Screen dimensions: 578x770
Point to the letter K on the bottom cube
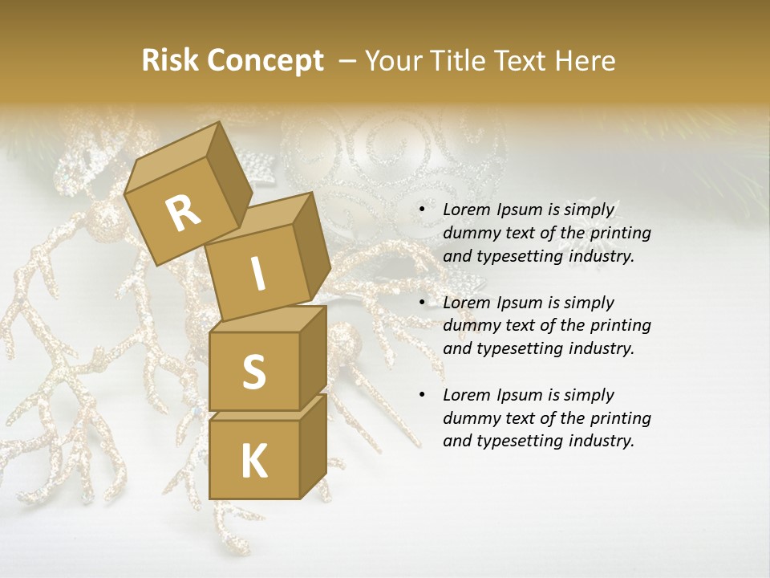[x=253, y=462]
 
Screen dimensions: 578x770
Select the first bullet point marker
[x=422, y=210]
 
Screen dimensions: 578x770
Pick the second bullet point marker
[x=422, y=303]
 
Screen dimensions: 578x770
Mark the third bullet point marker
[x=422, y=396]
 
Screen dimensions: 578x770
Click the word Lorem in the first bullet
[x=465, y=210]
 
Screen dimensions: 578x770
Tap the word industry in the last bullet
[x=601, y=441]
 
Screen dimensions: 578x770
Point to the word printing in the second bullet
[x=620, y=326]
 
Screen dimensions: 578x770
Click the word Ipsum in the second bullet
[x=517, y=303]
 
